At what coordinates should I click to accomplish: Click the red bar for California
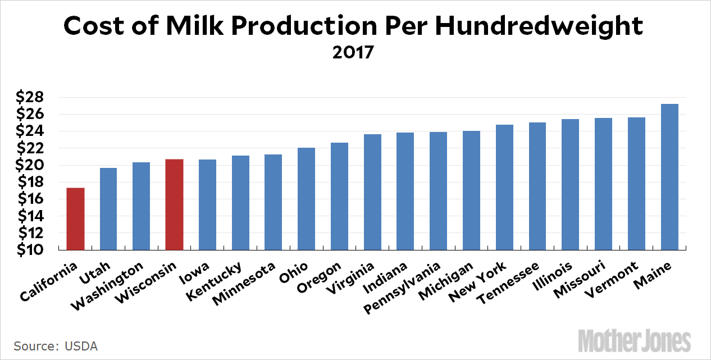(75, 219)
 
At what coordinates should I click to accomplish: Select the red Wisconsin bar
(175, 204)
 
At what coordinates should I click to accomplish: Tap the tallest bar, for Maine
(669, 177)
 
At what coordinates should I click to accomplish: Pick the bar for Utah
(108, 209)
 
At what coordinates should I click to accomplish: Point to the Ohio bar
(307, 199)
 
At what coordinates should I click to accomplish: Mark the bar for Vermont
(636, 184)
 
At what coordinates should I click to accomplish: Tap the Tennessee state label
(508, 282)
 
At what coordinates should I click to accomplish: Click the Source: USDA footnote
(52, 345)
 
